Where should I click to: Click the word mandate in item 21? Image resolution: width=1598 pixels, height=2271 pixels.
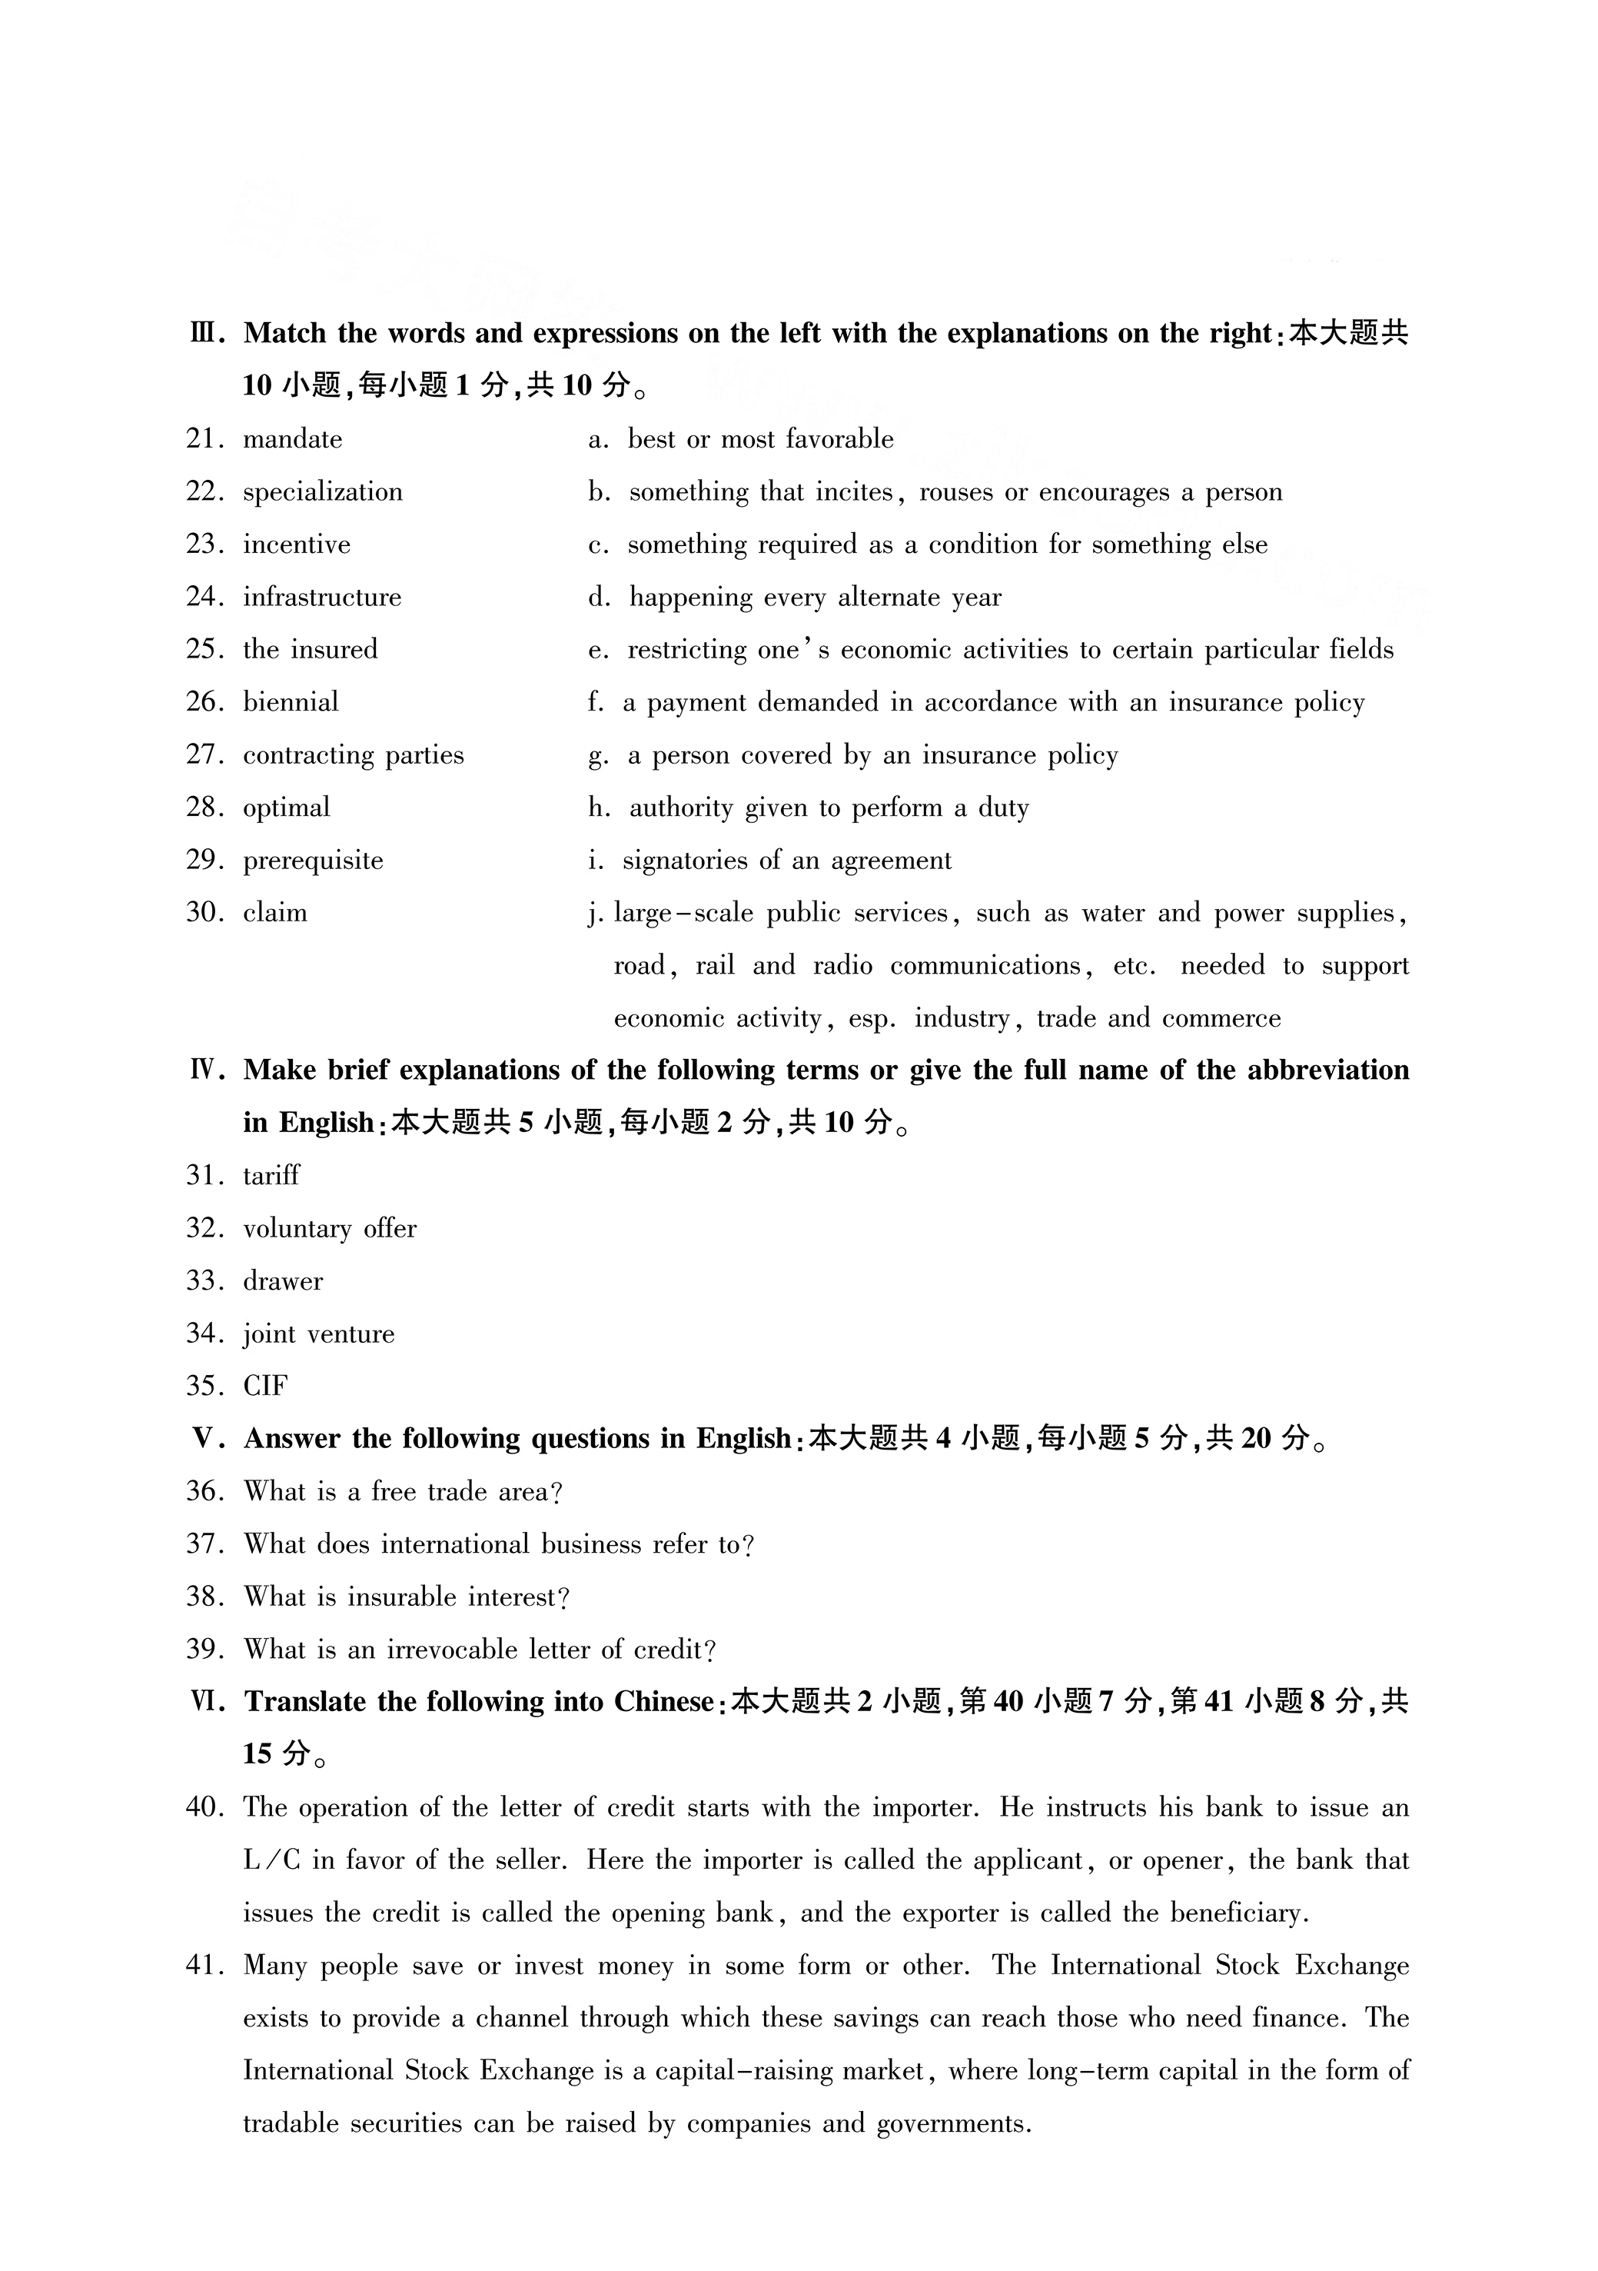coord(293,439)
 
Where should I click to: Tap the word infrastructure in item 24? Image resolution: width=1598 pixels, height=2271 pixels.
coord(322,598)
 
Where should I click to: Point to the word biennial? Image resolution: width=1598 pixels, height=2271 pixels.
coord(291,702)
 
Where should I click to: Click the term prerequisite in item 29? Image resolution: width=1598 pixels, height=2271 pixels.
coord(313,861)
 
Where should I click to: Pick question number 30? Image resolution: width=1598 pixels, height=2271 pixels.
coord(204,912)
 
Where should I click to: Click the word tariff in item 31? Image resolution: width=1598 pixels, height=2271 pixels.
coord(271,1176)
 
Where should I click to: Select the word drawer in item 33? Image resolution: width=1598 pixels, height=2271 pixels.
coord(283,1281)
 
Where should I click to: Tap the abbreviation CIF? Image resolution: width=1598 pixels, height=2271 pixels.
coord(265,1387)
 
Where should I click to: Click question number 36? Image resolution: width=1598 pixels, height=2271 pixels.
coord(204,1492)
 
